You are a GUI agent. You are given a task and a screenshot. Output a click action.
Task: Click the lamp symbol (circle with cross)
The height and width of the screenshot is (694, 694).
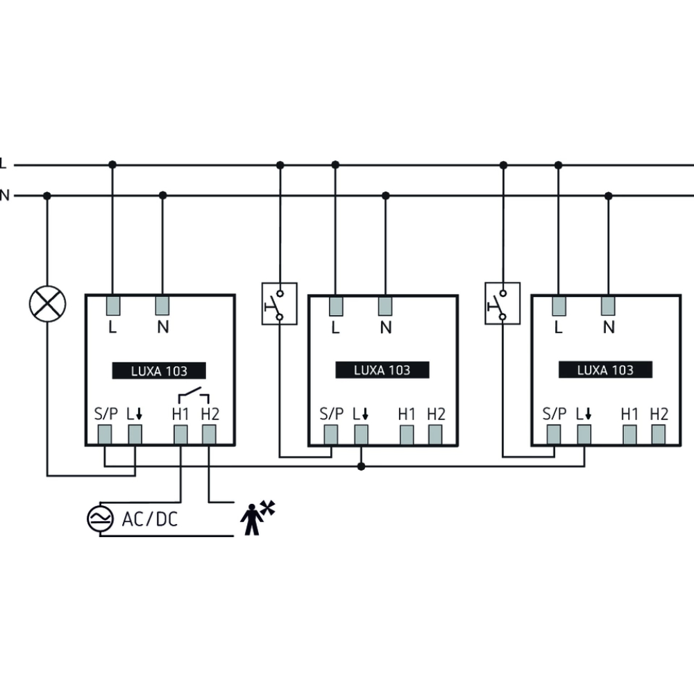[x=47, y=305]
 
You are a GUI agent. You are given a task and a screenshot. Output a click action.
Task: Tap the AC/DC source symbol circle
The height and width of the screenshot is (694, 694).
[x=99, y=519]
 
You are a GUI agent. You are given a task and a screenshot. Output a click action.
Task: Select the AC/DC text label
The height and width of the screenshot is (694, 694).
[x=149, y=519]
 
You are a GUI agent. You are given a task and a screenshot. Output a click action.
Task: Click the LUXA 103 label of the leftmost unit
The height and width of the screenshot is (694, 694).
[x=159, y=371]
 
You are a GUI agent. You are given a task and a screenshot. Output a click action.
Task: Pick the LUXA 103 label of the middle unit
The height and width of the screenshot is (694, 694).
[x=382, y=371]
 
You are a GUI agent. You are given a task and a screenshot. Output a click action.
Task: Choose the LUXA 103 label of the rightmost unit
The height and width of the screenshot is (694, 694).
[x=605, y=371]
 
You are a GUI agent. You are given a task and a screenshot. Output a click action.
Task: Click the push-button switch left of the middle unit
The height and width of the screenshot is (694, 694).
[x=279, y=303]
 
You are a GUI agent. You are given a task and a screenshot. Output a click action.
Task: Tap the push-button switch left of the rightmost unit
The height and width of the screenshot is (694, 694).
[x=502, y=303]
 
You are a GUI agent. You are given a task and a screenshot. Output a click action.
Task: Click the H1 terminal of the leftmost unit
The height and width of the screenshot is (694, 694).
[x=180, y=435]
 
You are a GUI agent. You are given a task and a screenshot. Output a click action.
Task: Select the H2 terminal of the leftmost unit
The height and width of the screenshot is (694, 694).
[x=209, y=435]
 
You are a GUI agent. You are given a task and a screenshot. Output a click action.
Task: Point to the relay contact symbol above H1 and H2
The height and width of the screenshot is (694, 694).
[x=194, y=396]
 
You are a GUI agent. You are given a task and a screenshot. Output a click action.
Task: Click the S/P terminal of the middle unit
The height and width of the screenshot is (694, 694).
[x=331, y=435]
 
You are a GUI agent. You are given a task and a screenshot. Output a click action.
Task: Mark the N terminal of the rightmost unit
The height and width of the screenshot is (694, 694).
[x=609, y=305]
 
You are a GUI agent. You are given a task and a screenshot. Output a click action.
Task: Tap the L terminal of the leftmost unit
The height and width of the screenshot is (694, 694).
[x=112, y=305]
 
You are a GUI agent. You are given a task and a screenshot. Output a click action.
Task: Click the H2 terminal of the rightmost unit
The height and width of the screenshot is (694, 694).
[x=659, y=435]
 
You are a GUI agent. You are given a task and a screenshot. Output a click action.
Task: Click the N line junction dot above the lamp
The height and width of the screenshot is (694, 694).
[x=47, y=196]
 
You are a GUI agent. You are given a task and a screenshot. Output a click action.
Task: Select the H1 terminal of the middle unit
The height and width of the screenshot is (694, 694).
[x=407, y=435]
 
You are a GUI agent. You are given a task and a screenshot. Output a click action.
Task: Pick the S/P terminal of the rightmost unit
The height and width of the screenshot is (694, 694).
[x=554, y=435]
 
